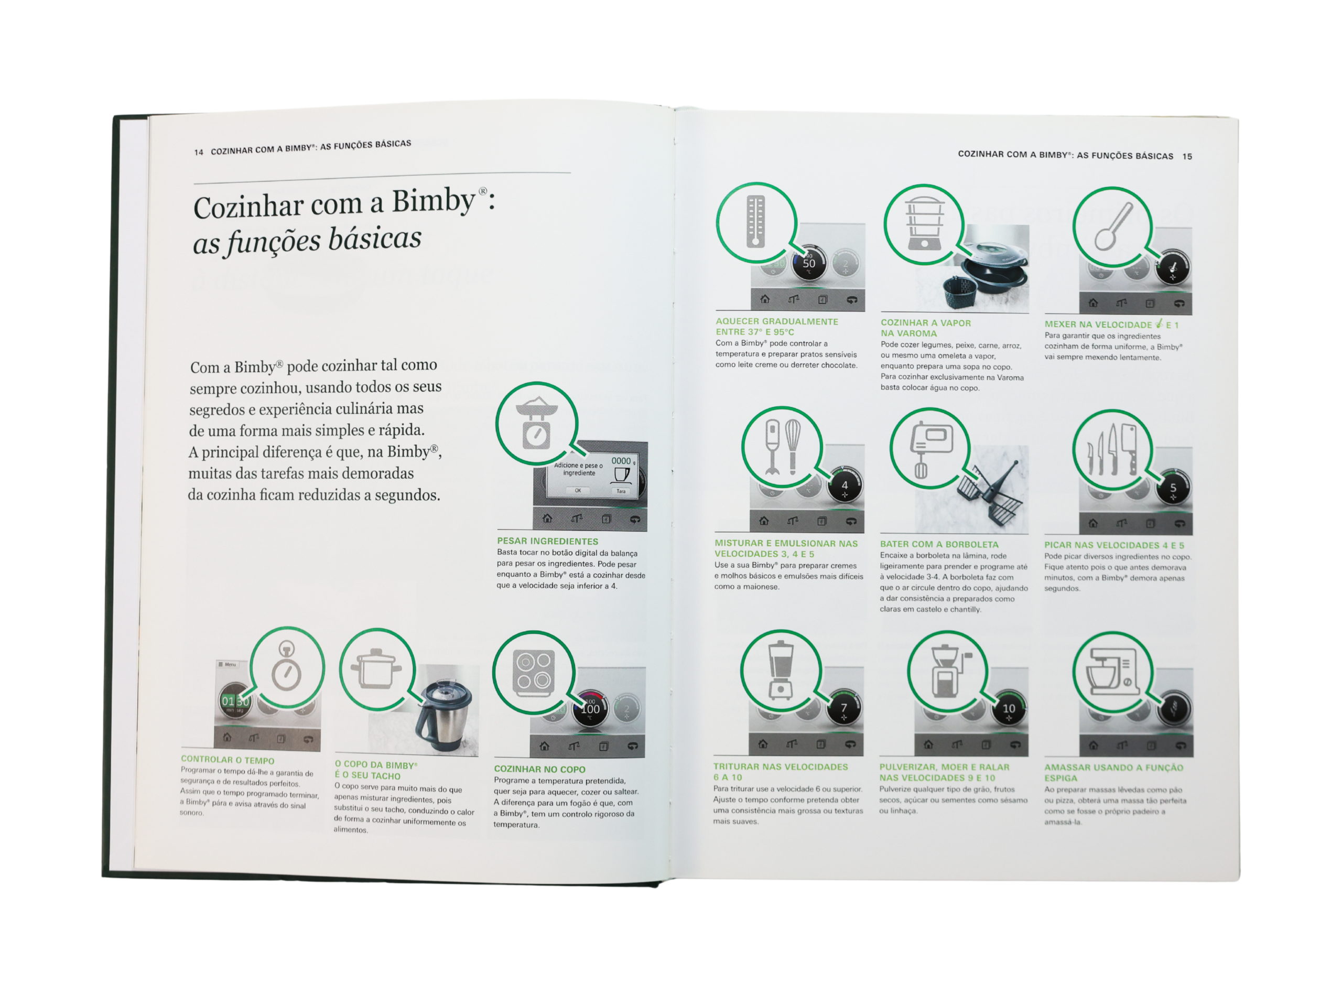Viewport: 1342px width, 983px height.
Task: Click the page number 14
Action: [199, 153]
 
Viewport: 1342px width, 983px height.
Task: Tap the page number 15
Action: [1187, 157]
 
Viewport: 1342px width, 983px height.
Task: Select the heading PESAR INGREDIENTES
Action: [548, 541]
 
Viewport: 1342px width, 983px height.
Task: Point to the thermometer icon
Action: [755, 221]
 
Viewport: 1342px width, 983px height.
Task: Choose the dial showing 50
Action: [809, 263]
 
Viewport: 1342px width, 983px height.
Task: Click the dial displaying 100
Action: [590, 709]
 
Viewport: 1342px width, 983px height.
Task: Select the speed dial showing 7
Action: [843, 708]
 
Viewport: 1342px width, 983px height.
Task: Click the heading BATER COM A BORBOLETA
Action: [939, 544]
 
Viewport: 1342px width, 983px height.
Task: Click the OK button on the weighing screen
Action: [578, 490]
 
